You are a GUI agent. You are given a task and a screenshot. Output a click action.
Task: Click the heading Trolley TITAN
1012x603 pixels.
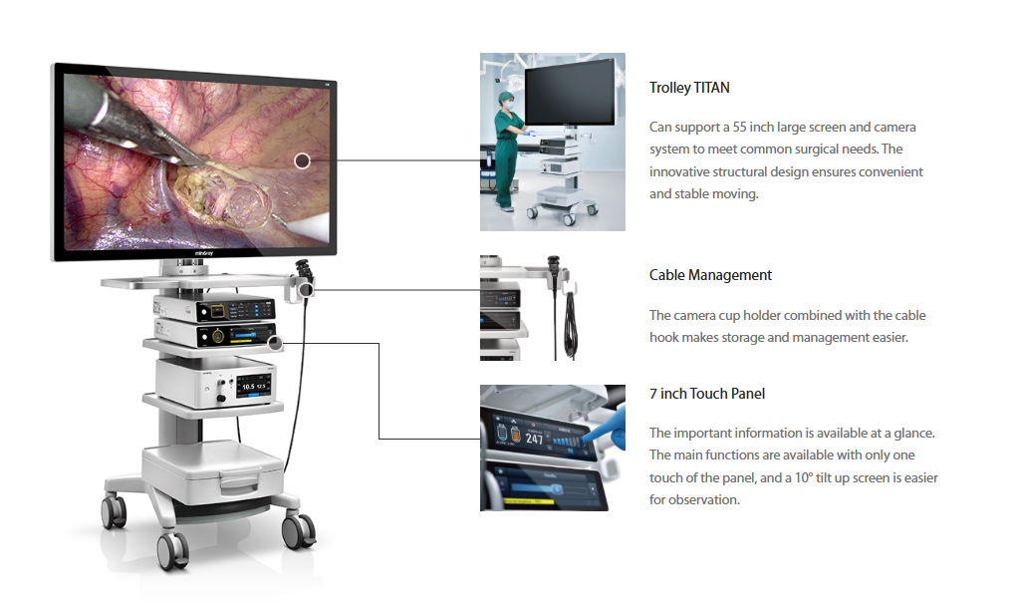689,88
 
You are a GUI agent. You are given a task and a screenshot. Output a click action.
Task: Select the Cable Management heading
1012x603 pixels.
710,275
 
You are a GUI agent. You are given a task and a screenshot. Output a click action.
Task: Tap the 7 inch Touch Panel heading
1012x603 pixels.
707,394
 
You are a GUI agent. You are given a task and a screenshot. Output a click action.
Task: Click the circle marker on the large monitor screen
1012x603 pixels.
303,159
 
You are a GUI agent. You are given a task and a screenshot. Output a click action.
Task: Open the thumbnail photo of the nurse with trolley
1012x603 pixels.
553,143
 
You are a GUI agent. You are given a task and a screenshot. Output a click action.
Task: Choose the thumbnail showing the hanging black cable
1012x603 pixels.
553,307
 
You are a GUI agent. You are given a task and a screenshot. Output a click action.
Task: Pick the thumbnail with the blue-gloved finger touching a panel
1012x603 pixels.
553,448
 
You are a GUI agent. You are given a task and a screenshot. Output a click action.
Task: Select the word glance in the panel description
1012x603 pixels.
910,433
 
